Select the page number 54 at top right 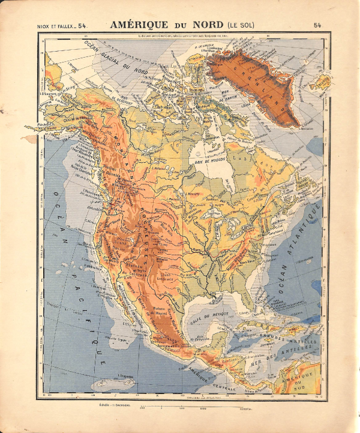pos(317,25)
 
